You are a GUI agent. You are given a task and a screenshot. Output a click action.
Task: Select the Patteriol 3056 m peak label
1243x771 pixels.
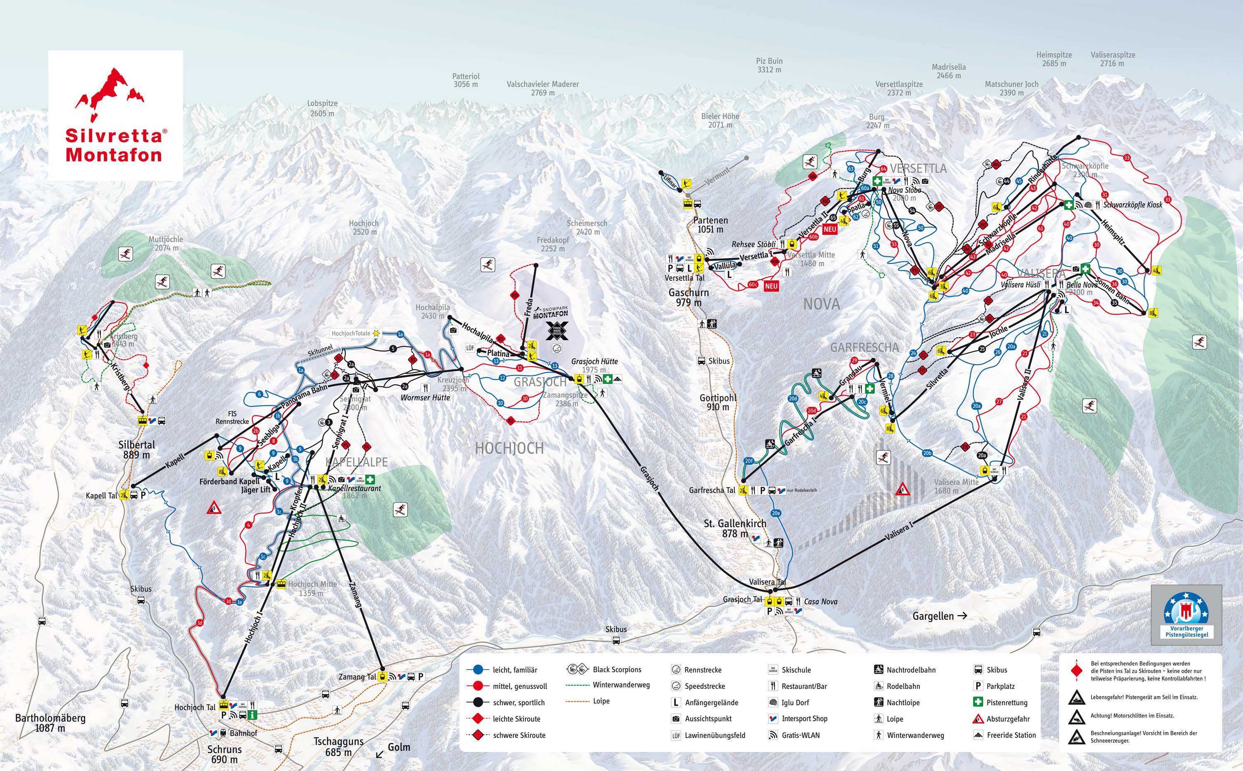click(465, 80)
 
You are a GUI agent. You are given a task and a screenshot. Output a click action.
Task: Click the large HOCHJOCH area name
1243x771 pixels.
click(509, 448)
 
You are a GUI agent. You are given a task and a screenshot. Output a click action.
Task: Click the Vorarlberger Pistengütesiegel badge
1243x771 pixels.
click(1186, 615)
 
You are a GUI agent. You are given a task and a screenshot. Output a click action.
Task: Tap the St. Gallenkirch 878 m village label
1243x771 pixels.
click(735, 528)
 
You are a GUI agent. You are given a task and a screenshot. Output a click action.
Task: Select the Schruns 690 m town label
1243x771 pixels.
click(225, 754)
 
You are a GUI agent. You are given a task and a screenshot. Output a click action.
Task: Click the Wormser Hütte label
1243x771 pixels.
click(425, 398)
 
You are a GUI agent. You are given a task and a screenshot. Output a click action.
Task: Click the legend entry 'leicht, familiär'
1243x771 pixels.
click(514, 670)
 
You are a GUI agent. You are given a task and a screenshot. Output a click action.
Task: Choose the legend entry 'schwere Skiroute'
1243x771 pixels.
click(518, 735)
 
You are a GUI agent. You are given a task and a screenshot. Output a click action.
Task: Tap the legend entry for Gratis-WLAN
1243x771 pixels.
click(800, 735)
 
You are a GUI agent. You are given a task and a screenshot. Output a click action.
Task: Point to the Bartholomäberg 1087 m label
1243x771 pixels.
click(50, 723)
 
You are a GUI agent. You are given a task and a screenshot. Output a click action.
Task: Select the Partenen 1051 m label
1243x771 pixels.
click(710, 224)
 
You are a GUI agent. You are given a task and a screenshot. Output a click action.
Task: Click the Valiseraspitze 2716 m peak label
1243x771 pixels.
click(1113, 59)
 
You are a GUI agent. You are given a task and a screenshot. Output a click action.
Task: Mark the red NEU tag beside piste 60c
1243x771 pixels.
click(771, 287)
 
